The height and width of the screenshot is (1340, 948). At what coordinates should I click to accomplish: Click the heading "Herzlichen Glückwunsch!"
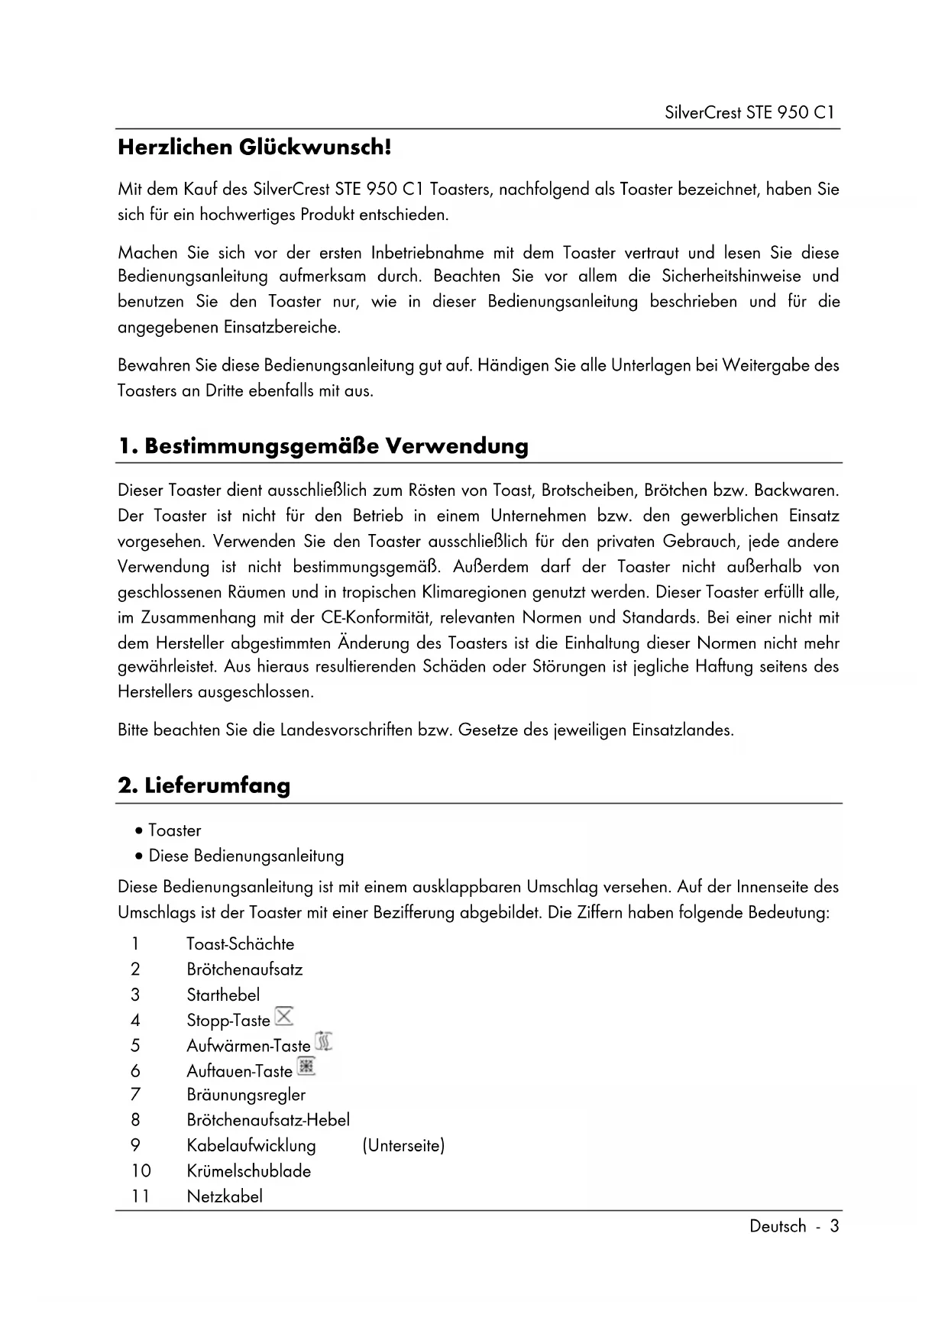[254, 147]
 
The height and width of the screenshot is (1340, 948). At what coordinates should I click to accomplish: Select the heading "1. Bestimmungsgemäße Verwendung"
[323, 445]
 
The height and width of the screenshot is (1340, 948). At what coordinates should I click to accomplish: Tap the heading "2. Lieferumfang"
[204, 785]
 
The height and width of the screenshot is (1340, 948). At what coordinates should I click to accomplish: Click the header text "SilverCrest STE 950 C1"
[749, 113]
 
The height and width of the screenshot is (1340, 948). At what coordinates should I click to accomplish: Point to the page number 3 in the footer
[834, 1226]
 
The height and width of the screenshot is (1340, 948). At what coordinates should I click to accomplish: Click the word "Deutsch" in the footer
[778, 1226]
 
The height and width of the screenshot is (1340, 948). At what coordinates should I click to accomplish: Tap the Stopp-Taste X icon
[284, 1016]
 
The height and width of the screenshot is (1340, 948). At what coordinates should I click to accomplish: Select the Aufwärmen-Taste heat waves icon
[324, 1041]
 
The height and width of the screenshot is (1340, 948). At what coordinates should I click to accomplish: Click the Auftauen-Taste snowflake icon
[306, 1067]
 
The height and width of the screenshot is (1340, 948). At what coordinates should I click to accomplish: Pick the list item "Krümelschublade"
[248, 1170]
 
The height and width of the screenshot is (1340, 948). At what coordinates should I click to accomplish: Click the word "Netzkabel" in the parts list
[225, 1196]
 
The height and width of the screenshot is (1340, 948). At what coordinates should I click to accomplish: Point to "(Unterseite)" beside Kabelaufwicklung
[403, 1145]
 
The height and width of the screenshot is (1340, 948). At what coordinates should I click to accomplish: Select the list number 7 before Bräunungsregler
[135, 1095]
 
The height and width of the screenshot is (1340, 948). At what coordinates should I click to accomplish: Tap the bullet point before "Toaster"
[138, 830]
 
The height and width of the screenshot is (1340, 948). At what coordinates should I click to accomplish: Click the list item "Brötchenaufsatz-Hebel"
[268, 1120]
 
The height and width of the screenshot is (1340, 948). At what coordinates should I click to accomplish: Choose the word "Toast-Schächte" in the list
[240, 944]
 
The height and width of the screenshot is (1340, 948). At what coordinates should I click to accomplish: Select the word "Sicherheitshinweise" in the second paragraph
[731, 276]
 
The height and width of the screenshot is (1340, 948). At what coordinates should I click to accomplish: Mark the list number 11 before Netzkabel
[140, 1196]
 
